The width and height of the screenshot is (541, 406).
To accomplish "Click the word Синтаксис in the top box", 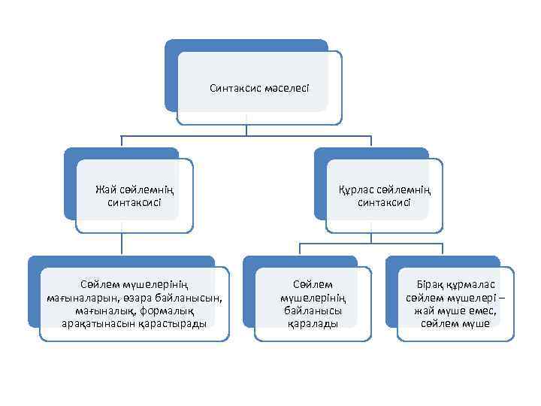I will point(235,89).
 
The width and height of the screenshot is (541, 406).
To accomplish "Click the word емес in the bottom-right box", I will point(481,311).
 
